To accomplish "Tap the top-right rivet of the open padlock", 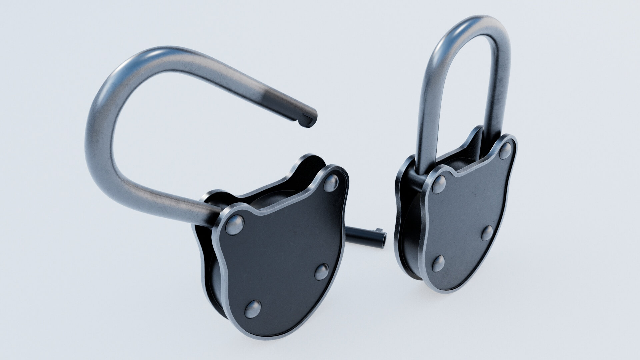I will pos(332,183).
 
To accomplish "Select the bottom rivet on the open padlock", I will pos(253,308).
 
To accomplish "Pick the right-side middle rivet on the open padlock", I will pos(322,271).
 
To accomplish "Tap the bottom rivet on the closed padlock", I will pos(438,263).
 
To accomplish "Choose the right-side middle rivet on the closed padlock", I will pos(487,233).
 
